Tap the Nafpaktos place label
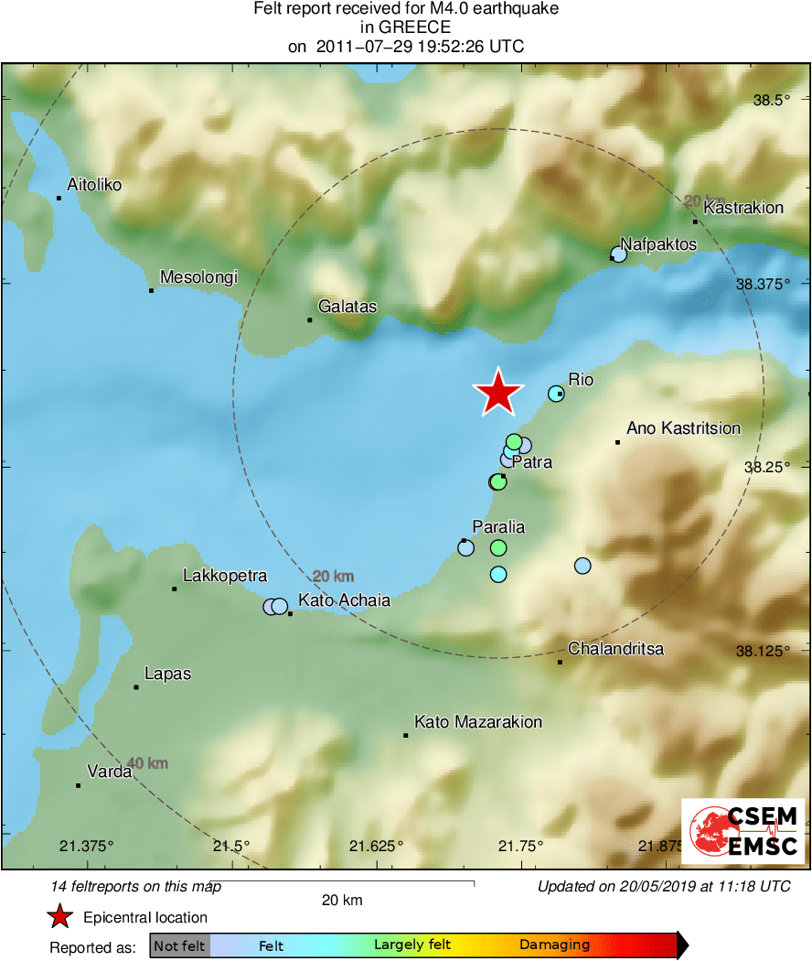pos(658,244)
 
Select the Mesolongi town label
pos(198,276)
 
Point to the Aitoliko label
pos(94,184)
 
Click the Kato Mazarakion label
pos(478,722)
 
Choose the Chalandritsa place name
pos(615,649)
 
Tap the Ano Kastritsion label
pos(683,427)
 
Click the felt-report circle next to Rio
pos(556,394)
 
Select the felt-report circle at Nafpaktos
pos(619,254)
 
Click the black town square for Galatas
pos(310,319)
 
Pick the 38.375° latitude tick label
pos(762,284)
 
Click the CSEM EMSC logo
pos(743,831)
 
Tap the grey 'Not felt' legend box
pos(179,945)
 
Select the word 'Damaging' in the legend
pos(554,945)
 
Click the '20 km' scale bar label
pos(342,900)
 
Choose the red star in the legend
pos(60,917)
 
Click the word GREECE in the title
pos(406,27)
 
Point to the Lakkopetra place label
pos(225,576)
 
